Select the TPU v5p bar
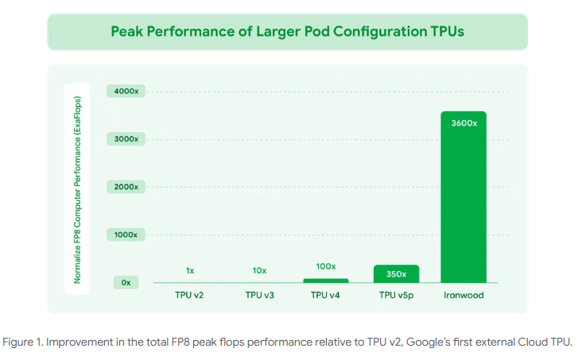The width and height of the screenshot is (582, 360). coord(396,273)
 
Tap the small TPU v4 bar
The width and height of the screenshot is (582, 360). coord(326,281)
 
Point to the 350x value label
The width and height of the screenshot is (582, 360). coord(396,274)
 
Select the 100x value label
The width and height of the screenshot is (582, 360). coord(326,266)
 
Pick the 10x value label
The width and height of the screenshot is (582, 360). coord(259,270)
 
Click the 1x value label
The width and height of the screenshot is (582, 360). coord(190,270)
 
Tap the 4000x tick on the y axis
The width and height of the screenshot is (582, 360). coord(126,91)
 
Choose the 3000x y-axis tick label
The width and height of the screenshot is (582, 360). coord(126,139)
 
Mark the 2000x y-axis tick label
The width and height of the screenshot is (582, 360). coord(126,187)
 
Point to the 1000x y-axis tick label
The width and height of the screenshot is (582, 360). coord(126,235)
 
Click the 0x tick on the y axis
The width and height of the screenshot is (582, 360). coord(126,282)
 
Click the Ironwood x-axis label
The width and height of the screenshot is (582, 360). coord(464,295)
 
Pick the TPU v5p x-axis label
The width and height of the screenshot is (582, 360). coord(396,295)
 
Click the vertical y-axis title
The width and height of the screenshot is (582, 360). coord(77,189)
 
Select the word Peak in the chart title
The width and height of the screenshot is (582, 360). coord(125,32)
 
